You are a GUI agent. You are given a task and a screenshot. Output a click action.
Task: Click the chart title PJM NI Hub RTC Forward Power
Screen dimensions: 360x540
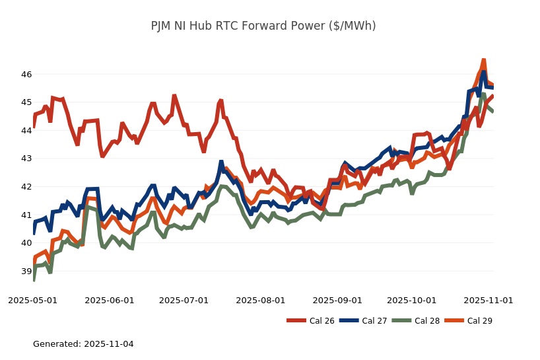point(263,26)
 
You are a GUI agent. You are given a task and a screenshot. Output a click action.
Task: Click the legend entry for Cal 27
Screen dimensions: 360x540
point(363,321)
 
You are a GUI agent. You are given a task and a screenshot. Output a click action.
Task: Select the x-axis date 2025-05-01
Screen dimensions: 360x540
point(32,300)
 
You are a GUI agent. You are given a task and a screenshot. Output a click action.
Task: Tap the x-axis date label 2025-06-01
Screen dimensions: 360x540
point(110,300)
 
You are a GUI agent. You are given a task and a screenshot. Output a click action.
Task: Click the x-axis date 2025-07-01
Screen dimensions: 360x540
point(185,300)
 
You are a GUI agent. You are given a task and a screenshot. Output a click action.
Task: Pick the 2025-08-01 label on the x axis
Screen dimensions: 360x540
point(261,300)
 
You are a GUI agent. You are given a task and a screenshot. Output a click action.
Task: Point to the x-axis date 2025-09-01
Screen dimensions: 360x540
point(337,300)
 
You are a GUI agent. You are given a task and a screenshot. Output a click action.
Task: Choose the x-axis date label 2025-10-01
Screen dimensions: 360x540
point(412,300)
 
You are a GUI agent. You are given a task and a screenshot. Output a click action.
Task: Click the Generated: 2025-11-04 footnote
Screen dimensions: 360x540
point(83,344)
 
